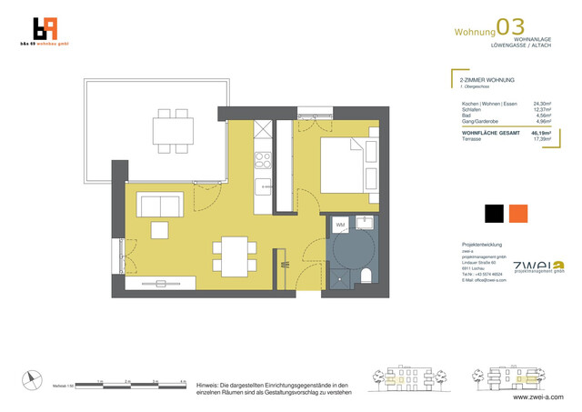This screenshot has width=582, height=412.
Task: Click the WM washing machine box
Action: click(339, 224)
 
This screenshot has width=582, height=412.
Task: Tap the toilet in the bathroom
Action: click(366, 276)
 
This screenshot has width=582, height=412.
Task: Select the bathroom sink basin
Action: click(365, 221)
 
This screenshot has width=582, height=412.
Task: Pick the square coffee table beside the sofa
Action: click(160, 229)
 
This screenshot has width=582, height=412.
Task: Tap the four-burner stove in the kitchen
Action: click(263, 162)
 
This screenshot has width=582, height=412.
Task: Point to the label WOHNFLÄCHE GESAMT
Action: click(490, 133)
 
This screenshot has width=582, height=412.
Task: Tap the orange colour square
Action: click(518, 214)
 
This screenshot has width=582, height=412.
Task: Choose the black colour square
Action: click(494, 214)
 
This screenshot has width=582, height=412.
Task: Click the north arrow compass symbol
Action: click(33, 381)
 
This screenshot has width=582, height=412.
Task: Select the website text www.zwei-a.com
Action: click(537, 397)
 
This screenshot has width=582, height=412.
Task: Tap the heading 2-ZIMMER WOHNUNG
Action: click(487, 80)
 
